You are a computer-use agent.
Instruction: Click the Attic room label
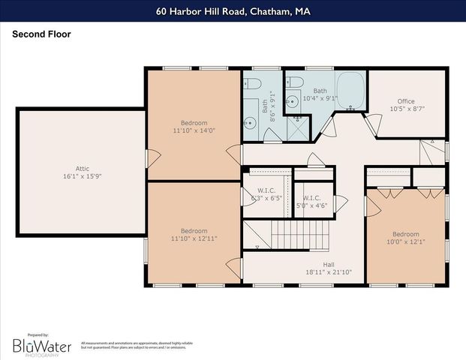click(x=83, y=169)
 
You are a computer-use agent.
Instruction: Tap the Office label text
click(x=406, y=101)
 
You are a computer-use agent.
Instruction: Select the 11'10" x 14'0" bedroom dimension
click(x=194, y=130)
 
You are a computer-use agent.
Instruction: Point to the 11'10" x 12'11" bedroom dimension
click(x=194, y=238)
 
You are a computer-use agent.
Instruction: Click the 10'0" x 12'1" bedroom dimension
click(x=406, y=241)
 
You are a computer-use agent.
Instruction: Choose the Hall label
click(x=329, y=264)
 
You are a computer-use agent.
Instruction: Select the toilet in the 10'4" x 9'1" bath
click(x=294, y=81)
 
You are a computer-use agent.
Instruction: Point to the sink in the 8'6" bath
click(x=251, y=123)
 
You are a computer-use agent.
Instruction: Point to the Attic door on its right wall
click(x=152, y=158)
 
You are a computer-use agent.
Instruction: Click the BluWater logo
click(x=42, y=345)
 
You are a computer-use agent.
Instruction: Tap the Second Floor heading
click(x=41, y=34)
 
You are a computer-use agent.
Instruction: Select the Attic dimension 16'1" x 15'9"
click(x=83, y=177)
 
